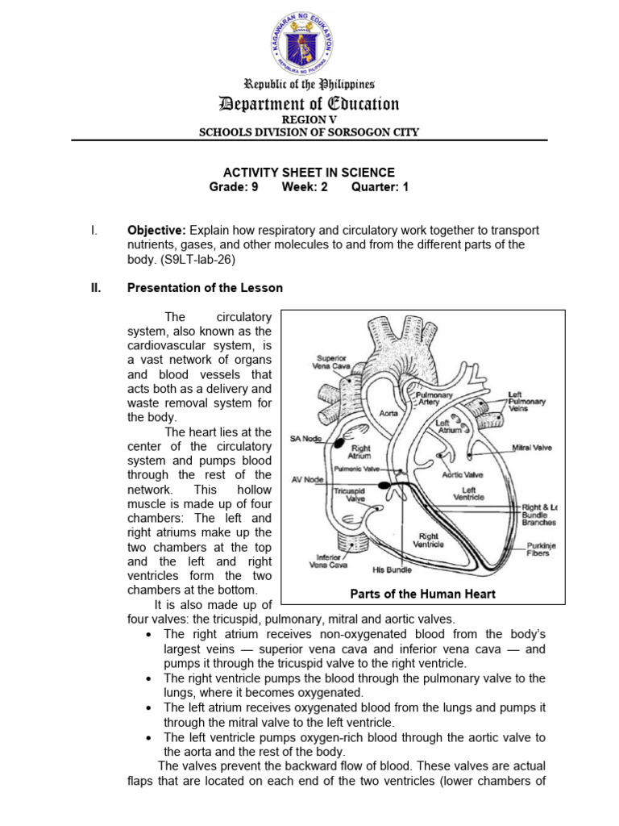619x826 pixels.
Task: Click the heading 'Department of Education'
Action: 309,104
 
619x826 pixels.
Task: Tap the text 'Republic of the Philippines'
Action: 309,84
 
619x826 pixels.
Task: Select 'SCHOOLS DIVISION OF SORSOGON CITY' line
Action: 309,132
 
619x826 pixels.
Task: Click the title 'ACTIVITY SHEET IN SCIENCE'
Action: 309,173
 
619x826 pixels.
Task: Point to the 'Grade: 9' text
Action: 234,187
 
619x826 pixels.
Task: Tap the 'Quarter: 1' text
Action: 380,187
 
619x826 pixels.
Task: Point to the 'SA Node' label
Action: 305,439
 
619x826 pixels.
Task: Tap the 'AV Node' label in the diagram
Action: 307,479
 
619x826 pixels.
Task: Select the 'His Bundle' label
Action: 393,569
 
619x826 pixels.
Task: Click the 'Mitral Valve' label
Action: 532,446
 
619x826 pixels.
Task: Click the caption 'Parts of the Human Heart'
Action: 423,594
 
